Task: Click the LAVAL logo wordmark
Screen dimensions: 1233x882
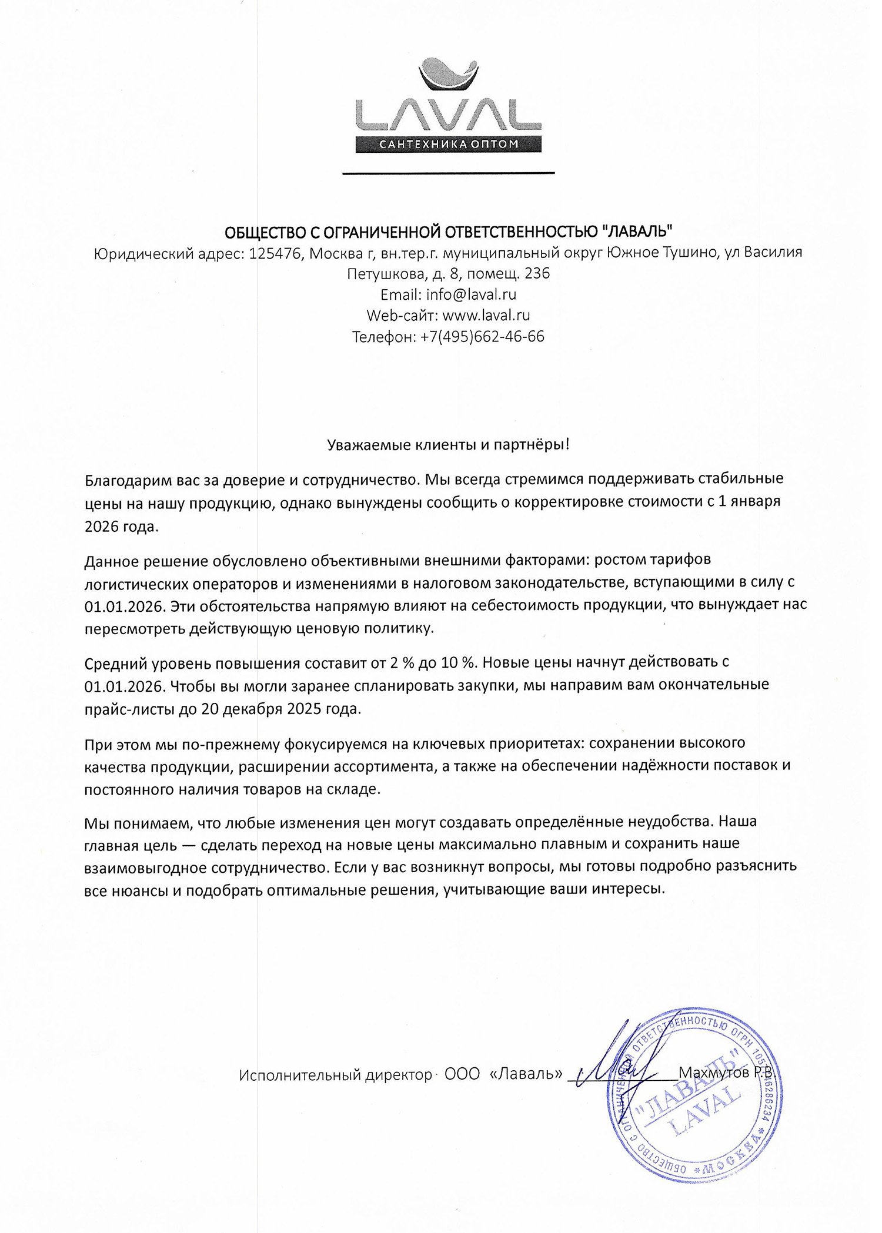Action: tap(448, 115)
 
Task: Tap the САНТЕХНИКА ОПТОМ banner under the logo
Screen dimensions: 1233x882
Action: tap(448, 144)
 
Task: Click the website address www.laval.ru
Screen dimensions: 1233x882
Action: tap(486, 315)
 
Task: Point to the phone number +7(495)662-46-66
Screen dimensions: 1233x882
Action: tap(482, 337)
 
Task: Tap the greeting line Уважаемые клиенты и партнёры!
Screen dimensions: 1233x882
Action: tap(448, 445)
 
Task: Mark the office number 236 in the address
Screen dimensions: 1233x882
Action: tap(537, 274)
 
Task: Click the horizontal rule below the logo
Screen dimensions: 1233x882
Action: tap(448, 173)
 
